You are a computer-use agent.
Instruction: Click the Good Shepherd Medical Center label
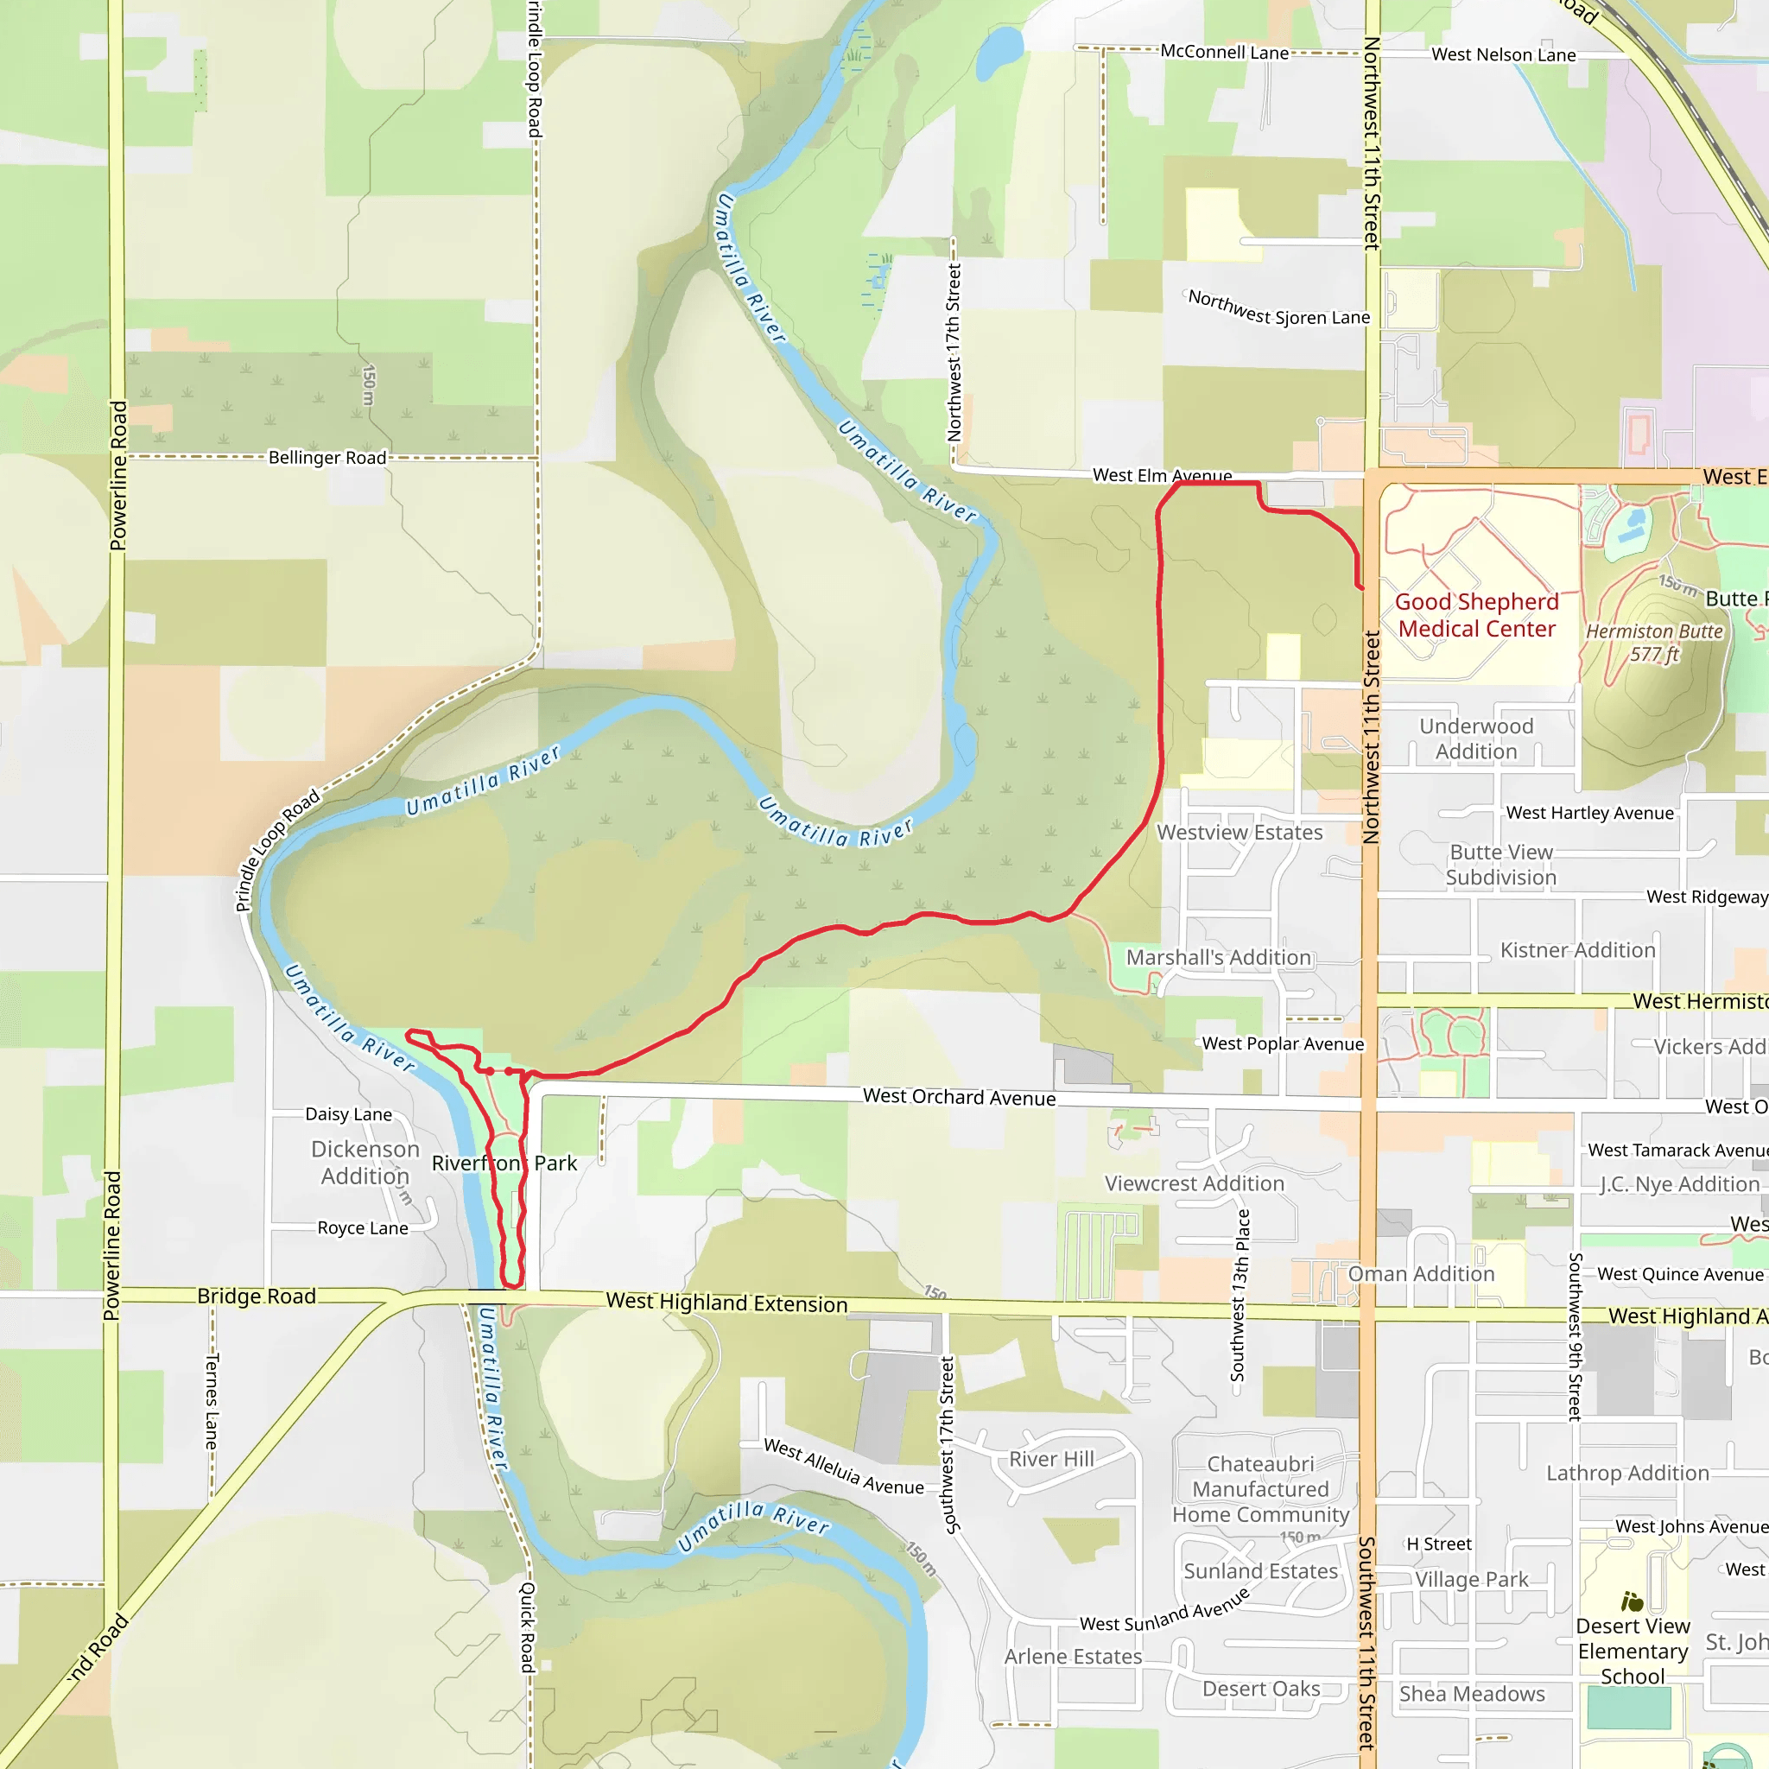pyautogui.click(x=1476, y=614)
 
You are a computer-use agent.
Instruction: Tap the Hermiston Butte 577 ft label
pyautogui.click(x=1653, y=643)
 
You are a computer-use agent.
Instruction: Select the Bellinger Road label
pyautogui.click(x=327, y=457)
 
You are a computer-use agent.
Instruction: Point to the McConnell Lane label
pyautogui.click(x=1224, y=52)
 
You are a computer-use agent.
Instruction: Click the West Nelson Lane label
pyautogui.click(x=1504, y=55)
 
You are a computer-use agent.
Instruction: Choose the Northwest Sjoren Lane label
pyautogui.click(x=1278, y=308)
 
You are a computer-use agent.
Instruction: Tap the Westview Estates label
pyautogui.click(x=1239, y=833)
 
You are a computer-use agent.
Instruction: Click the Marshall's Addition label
pyautogui.click(x=1218, y=957)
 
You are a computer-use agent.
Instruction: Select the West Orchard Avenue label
pyautogui.click(x=959, y=1097)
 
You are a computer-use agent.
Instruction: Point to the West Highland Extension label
pyautogui.click(x=726, y=1303)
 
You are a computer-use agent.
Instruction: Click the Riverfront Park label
pyautogui.click(x=504, y=1163)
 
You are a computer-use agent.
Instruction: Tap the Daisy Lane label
pyautogui.click(x=348, y=1114)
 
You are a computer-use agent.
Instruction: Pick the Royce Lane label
pyautogui.click(x=363, y=1228)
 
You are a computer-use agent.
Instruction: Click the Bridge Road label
pyautogui.click(x=257, y=1297)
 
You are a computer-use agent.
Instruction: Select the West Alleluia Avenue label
pyautogui.click(x=843, y=1467)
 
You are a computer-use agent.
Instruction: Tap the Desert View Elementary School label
pyautogui.click(x=1633, y=1651)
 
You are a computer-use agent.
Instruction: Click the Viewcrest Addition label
pyautogui.click(x=1194, y=1183)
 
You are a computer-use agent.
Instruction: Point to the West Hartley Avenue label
pyautogui.click(x=1589, y=813)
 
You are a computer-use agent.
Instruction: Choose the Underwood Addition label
pyautogui.click(x=1476, y=738)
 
